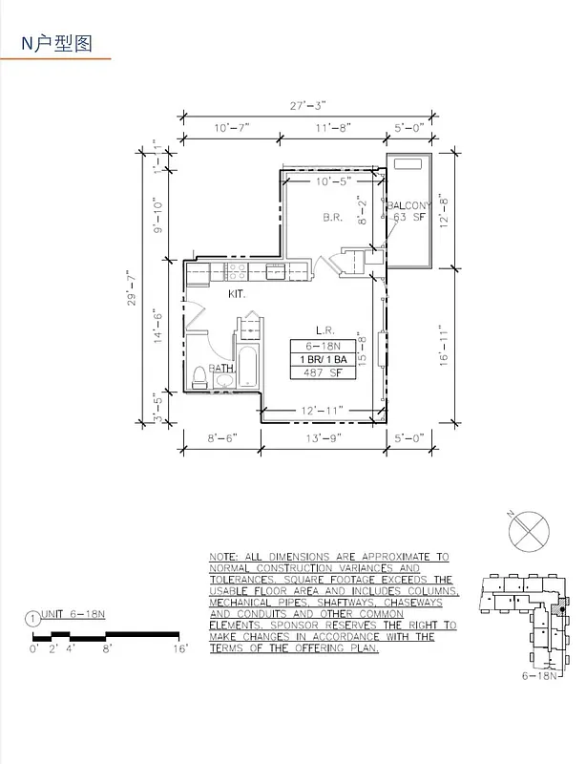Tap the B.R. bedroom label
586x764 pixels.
point(332,218)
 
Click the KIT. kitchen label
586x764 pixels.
point(237,295)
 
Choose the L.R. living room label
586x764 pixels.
point(324,327)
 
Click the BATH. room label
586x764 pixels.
point(222,368)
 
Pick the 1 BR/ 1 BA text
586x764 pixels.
point(324,359)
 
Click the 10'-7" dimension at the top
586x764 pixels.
point(231,127)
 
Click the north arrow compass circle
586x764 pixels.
point(527,528)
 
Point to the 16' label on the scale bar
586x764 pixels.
point(181,648)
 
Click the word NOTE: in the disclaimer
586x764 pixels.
point(227,556)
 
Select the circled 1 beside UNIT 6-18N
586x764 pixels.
point(34,618)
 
